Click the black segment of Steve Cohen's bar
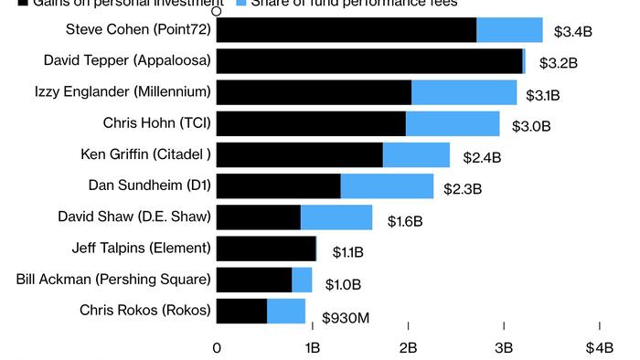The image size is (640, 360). tap(347, 30)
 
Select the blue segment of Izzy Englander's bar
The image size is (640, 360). tap(464, 92)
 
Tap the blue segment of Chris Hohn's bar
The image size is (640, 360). tap(453, 123)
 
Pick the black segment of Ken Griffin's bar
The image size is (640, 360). tap(300, 154)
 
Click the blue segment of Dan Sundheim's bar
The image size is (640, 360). tap(387, 185)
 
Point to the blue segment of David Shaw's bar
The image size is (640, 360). tap(336, 217)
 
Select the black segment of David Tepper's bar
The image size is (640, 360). tap(369, 61)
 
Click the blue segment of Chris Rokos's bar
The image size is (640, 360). tap(286, 311)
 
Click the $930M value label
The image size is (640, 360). tap(346, 317)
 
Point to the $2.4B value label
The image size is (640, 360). tap(482, 157)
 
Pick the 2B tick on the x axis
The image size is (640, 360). tap(408, 347)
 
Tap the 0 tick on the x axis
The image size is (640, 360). tap(217, 347)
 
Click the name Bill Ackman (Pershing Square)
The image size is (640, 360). tap(113, 279)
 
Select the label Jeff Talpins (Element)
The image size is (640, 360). tap(141, 248)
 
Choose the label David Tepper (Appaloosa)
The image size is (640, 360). tap(127, 60)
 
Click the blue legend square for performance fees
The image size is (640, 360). tap(241, 3)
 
